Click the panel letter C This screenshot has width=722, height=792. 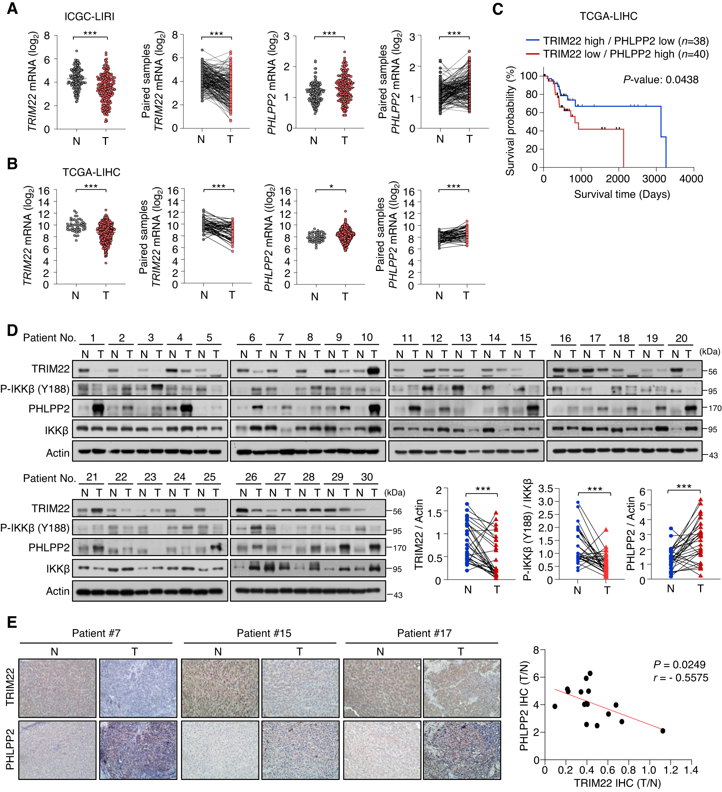pos(497,9)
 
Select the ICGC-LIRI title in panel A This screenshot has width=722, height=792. pos(90,16)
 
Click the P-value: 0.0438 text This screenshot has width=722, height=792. pos(660,80)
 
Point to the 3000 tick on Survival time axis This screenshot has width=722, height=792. pos(654,179)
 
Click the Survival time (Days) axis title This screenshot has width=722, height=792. pos(622,194)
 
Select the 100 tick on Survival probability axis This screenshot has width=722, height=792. pos(529,75)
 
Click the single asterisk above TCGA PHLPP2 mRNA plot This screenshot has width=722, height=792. pos(331,186)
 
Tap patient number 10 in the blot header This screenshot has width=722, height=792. pos(367,337)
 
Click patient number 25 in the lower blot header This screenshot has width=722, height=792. pos(209,477)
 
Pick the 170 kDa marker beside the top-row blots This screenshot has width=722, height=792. pos(715,408)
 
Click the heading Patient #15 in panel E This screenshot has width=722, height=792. pos(264,633)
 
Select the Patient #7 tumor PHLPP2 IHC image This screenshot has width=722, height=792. pos(138,750)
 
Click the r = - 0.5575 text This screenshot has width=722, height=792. pos(680,678)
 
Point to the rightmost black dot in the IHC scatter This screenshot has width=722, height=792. pos(663,731)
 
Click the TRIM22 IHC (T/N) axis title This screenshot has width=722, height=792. pos(617,783)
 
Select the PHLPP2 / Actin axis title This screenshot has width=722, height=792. pos(631,533)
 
